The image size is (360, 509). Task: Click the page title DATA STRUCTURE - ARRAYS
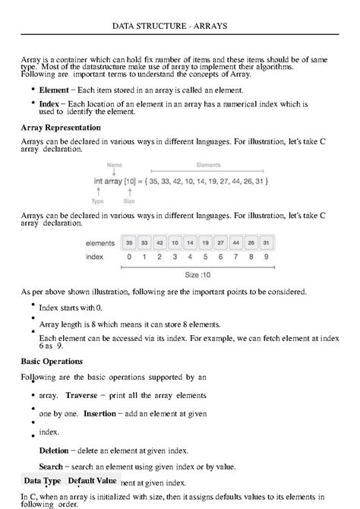[x=179, y=26]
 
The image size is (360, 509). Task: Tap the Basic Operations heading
[x=52, y=361]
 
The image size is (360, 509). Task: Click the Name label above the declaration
[x=115, y=165]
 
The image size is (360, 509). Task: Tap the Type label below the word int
[x=98, y=202]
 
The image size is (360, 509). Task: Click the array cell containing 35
[x=130, y=243]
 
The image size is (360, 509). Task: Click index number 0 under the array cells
[x=130, y=257]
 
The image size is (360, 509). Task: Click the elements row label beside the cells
[x=101, y=243]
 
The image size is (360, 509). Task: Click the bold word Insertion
[x=99, y=413]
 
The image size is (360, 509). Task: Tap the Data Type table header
[x=43, y=481]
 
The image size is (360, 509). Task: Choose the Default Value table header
[x=92, y=481]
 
